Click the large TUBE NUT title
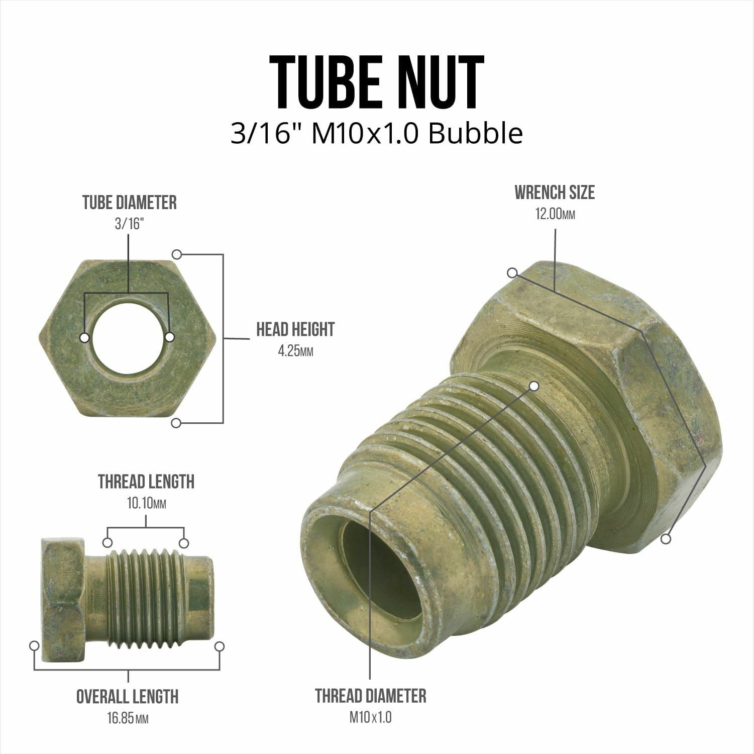coord(377,83)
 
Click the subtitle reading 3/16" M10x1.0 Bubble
coord(377,134)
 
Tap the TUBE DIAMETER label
coord(130,203)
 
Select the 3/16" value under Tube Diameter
coord(129,224)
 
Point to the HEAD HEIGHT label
coord(295,330)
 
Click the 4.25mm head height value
coord(295,351)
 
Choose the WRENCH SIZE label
coord(555,193)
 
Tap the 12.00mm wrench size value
coord(555,215)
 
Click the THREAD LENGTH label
coord(146,482)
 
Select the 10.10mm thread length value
coord(146,503)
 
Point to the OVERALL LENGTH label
coord(128,697)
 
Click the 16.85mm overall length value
coord(128,718)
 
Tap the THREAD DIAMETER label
coord(371,696)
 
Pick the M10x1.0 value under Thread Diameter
coord(371,717)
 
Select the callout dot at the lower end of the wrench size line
coord(666,539)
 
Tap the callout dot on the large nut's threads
coord(534,386)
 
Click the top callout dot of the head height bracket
coord(176,254)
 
